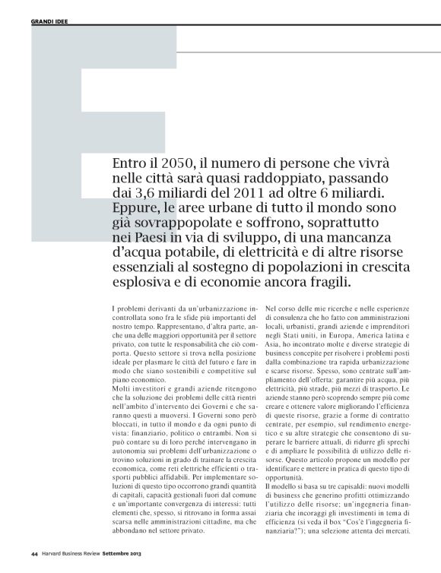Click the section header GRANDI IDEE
(x=49, y=21)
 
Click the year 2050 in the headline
(x=171, y=164)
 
